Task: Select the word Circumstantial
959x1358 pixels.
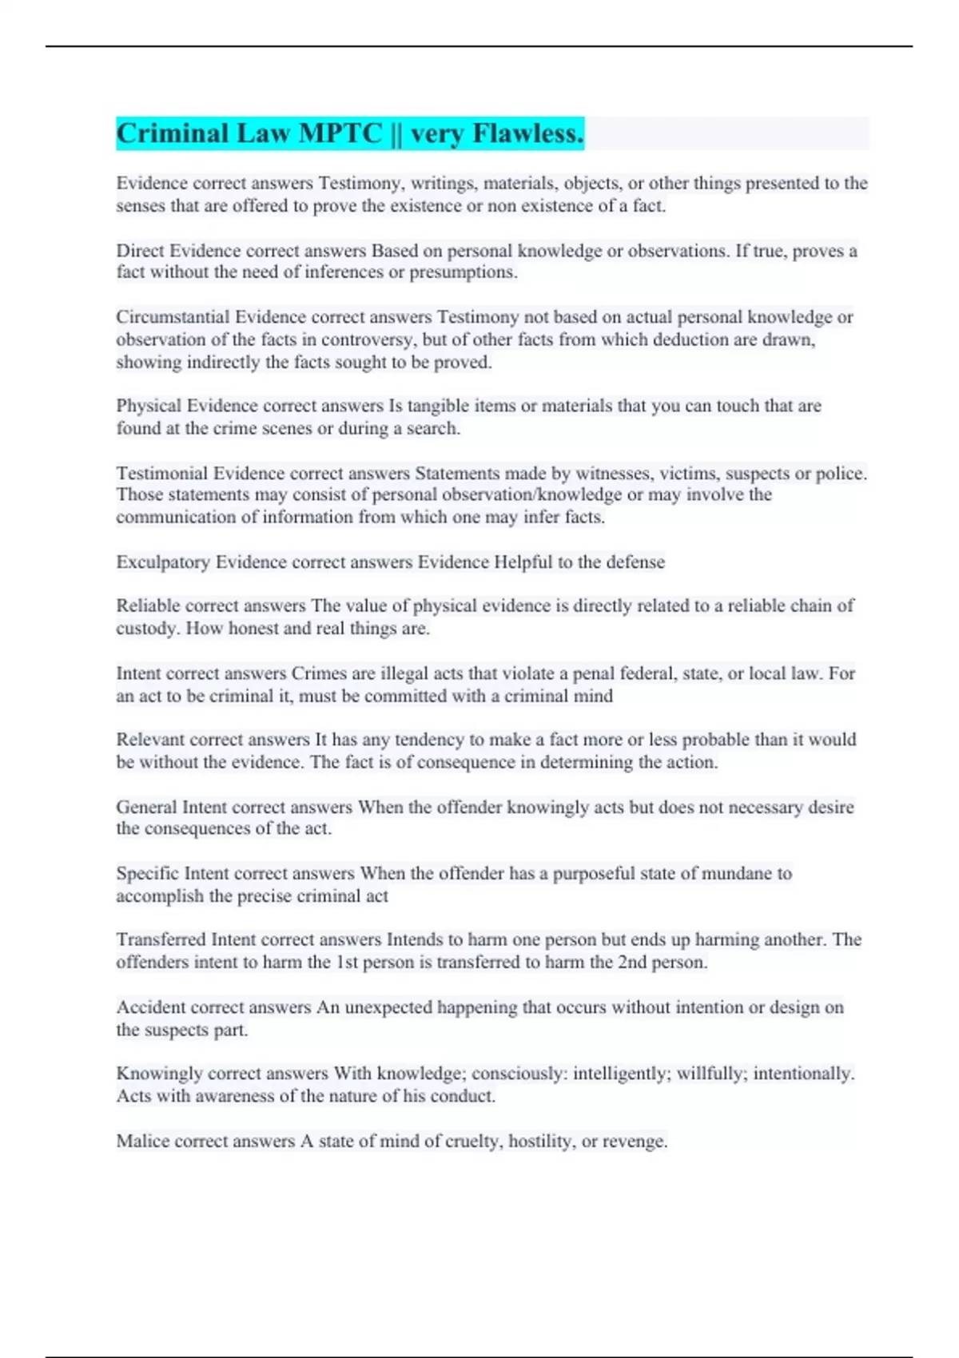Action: pos(172,317)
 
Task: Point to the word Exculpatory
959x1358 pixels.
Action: pos(163,562)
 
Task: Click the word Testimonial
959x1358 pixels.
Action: pos(161,474)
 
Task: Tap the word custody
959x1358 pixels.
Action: pos(147,629)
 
